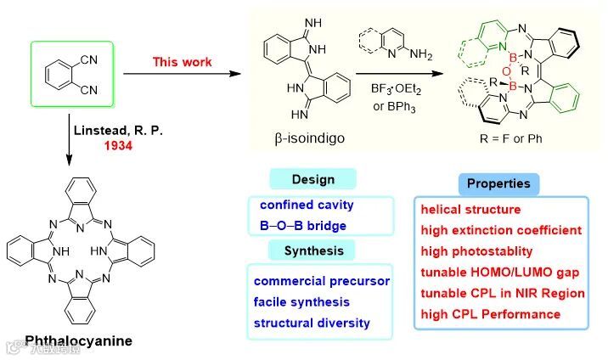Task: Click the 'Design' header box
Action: [312, 179]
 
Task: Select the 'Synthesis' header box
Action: [312, 250]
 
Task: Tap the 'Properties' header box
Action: [498, 183]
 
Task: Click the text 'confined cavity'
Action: [307, 205]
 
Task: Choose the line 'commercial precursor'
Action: [320, 281]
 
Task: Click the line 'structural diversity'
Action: [311, 323]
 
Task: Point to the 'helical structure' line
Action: [470, 209]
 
